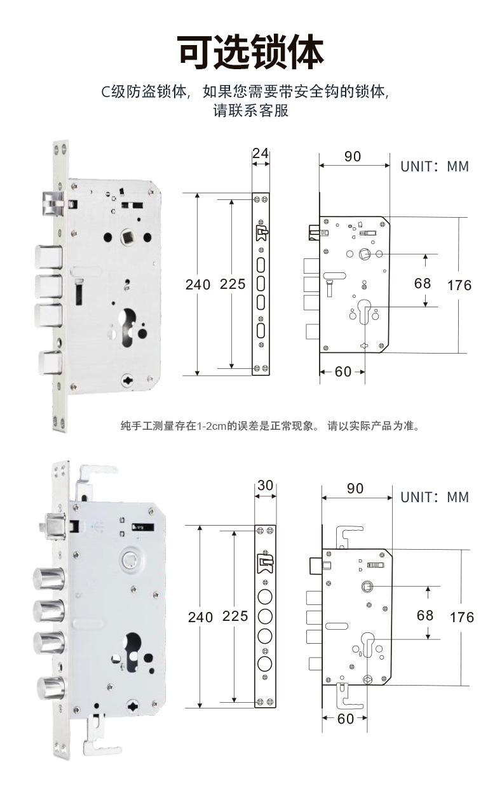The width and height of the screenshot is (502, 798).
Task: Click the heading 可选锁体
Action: [250, 52]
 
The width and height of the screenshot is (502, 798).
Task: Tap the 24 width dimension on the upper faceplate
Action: [261, 154]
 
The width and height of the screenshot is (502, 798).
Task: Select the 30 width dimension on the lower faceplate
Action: [265, 485]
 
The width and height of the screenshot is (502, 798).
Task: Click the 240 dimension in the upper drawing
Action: [198, 284]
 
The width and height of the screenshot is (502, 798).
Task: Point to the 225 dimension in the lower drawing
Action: [235, 616]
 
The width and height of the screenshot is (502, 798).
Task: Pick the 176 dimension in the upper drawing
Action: [459, 285]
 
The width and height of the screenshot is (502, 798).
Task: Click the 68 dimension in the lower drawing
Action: [425, 615]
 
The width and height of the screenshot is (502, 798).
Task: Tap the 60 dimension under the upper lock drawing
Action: [343, 371]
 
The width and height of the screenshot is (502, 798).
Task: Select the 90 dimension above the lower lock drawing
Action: [355, 488]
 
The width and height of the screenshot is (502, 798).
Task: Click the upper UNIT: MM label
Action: [435, 166]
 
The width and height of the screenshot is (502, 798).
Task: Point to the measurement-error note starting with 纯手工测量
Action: [271, 425]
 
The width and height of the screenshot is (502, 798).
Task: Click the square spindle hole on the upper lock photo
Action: [127, 236]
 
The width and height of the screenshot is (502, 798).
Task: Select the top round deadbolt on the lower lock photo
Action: [49, 579]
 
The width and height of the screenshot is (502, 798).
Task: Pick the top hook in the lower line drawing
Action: [349, 537]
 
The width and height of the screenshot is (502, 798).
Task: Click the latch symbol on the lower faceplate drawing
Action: [265, 564]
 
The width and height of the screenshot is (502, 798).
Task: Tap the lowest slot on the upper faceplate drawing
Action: [261, 330]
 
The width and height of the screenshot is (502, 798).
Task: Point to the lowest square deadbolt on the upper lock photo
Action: [50, 362]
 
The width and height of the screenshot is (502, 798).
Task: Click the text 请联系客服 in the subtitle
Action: [250, 110]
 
